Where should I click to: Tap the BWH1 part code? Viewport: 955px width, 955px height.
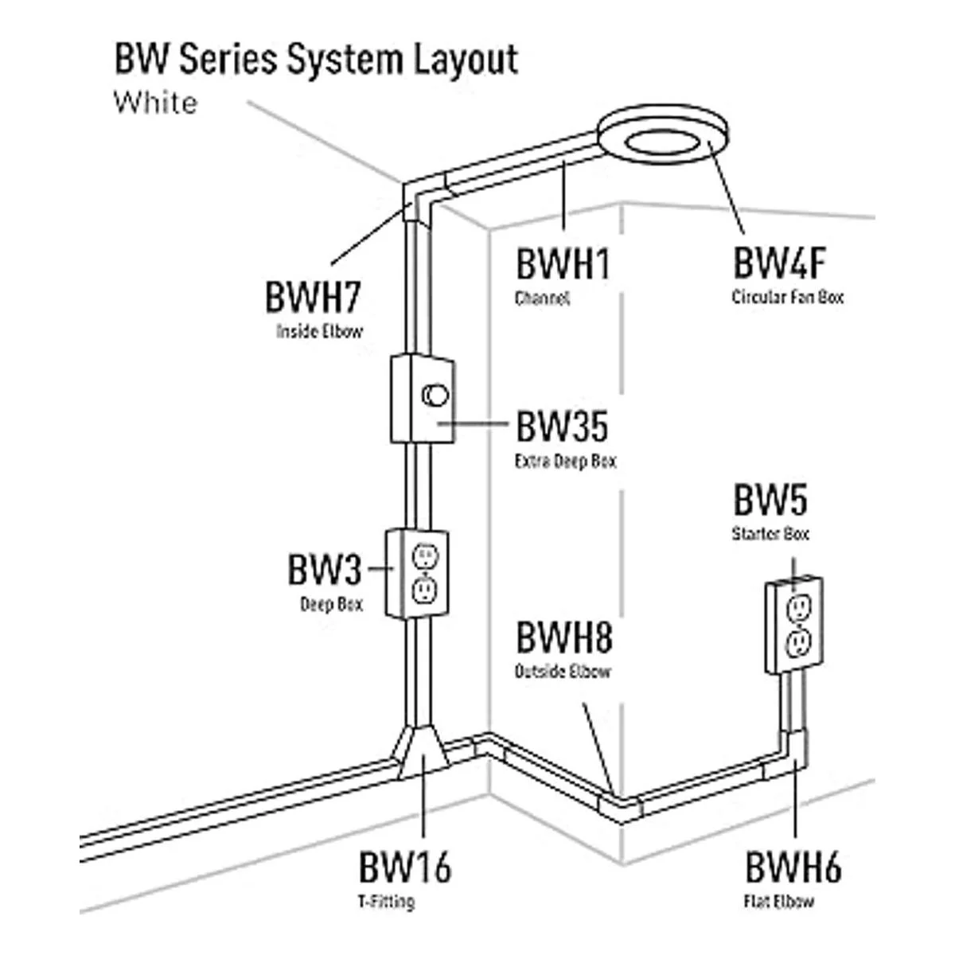click(563, 265)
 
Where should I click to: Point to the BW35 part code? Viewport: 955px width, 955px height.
click(562, 427)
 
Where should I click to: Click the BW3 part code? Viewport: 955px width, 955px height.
click(324, 571)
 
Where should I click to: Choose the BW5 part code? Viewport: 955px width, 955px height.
click(770, 501)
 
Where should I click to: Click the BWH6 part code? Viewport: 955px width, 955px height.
click(793, 867)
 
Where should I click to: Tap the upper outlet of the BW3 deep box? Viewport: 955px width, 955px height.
click(425, 556)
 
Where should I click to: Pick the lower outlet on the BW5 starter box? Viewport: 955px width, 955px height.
click(798, 642)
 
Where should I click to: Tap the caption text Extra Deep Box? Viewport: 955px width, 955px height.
click(565, 462)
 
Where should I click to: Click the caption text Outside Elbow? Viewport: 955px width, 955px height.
click(563, 672)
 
